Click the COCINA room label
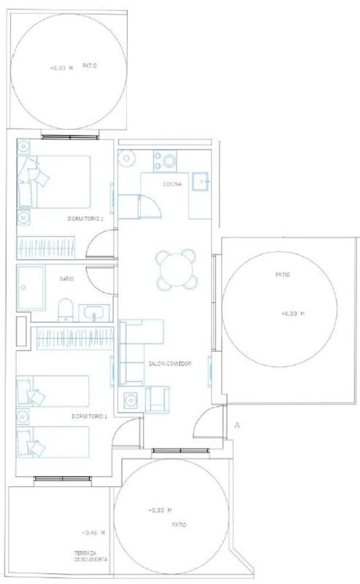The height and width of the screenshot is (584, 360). (x=172, y=184)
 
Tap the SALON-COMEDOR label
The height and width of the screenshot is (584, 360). (x=169, y=364)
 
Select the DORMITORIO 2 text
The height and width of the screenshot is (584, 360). (x=85, y=218)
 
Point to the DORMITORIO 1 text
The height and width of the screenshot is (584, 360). (x=89, y=416)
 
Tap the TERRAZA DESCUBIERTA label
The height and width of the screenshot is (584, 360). (x=91, y=556)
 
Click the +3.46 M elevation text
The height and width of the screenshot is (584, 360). (x=93, y=533)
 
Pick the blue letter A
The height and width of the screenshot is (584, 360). (x=237, y=426)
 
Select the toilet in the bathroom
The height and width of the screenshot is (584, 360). (x=66, y=310)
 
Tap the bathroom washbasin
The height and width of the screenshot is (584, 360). (x=94, y=313)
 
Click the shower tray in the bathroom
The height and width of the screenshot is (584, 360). (x=31, y=287)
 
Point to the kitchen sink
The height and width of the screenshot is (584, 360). (x=201, y=181)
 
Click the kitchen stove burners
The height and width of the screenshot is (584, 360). (x=165, y=161)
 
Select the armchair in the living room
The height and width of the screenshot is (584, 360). (x=157, y=399)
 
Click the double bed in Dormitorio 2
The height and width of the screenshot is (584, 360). (x=53, y=182)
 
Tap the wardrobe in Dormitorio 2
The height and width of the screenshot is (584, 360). (x=46, y=247)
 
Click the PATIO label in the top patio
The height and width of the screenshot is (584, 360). (x=89, y=66)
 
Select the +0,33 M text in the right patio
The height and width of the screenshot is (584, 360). (x=293, y=314)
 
